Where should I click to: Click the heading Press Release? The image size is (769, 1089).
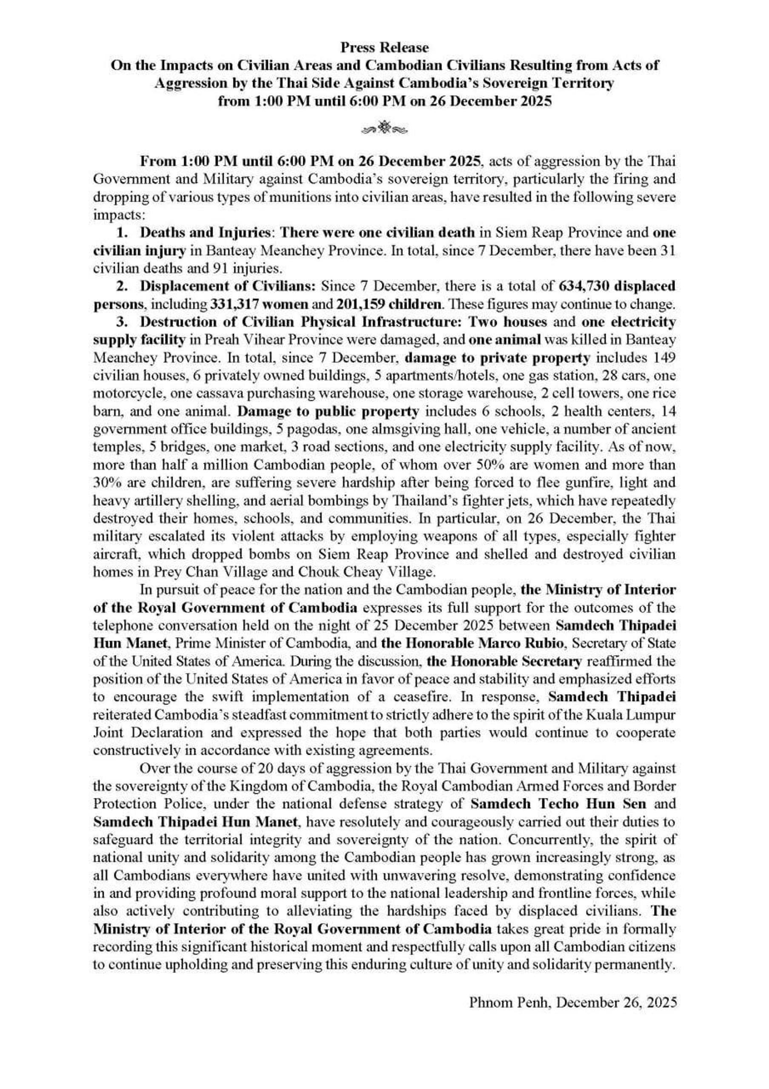384,47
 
